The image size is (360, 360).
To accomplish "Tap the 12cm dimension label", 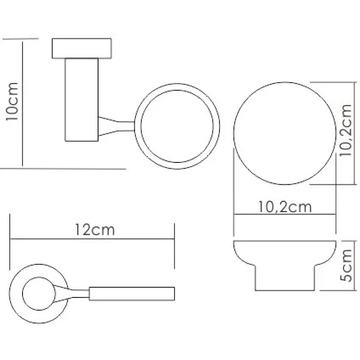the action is (x=95, y=229).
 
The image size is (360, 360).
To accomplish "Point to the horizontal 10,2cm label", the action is (x=285, y=207).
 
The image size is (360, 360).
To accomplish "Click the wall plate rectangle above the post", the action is (x=82, y=48).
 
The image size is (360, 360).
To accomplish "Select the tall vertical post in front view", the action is (x=82, y=100).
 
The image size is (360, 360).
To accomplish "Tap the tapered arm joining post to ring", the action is (x=116, y=126).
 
